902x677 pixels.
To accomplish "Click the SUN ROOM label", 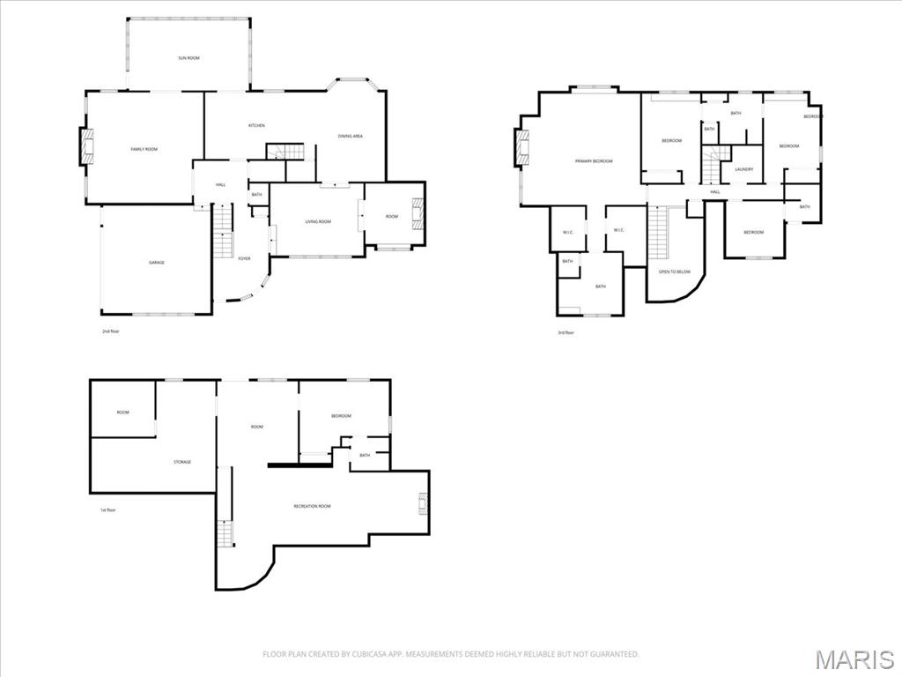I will tap(189, 58).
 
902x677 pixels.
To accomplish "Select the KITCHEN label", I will tap(256, 126).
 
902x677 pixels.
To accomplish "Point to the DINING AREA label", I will tap(351, 137).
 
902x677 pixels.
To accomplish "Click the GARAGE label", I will tap(156, 263).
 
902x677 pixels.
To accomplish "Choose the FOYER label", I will tap(244, 258).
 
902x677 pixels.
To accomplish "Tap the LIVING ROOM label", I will tap(317, 221).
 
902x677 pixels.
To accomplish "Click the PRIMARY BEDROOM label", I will tap(593, 161).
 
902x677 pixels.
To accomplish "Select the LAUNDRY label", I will tap(743, 169).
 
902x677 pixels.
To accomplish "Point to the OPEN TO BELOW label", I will tap(675, 272).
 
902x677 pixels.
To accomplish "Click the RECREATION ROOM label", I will tap(312, 506).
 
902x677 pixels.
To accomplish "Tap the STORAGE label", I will tap(181, 462).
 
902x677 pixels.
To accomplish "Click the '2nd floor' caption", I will tap(110, 332).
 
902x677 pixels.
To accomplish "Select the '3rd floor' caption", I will tap(565, 332).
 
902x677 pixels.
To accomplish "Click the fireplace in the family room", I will tap(86, 146).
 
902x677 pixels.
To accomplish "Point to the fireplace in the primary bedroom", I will tap(521, 147).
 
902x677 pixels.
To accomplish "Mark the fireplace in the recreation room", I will tap(423, 503).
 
